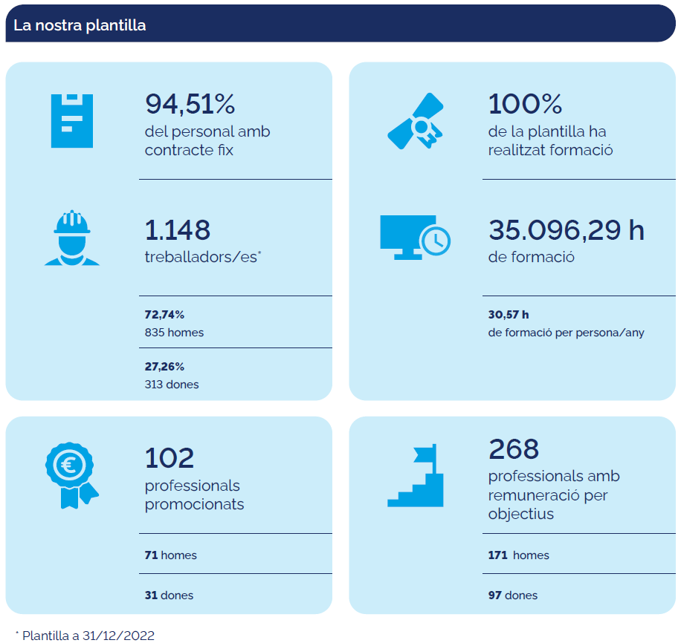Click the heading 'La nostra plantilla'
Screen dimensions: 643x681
80,25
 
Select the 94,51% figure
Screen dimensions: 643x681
190,105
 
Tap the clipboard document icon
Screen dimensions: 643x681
72,120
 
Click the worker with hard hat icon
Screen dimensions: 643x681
72,238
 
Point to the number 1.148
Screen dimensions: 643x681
178,230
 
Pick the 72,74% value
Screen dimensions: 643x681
164,315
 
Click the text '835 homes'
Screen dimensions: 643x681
174,333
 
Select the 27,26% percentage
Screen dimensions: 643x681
164,367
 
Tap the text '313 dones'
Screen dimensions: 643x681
172,385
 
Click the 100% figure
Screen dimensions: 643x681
525,105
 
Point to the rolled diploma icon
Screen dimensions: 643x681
415,121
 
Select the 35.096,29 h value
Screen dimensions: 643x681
566,230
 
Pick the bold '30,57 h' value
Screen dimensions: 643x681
509,315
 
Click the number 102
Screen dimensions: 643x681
170,457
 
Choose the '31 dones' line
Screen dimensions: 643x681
169,595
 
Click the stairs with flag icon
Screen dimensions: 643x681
416,476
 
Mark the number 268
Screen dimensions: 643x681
514,448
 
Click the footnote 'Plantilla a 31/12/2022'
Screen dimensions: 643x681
88,636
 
